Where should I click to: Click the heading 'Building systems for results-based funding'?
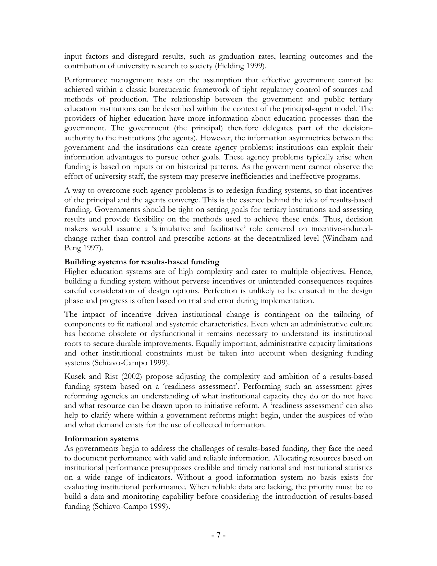pos(142,262)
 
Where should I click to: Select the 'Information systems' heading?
pos(101,439)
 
